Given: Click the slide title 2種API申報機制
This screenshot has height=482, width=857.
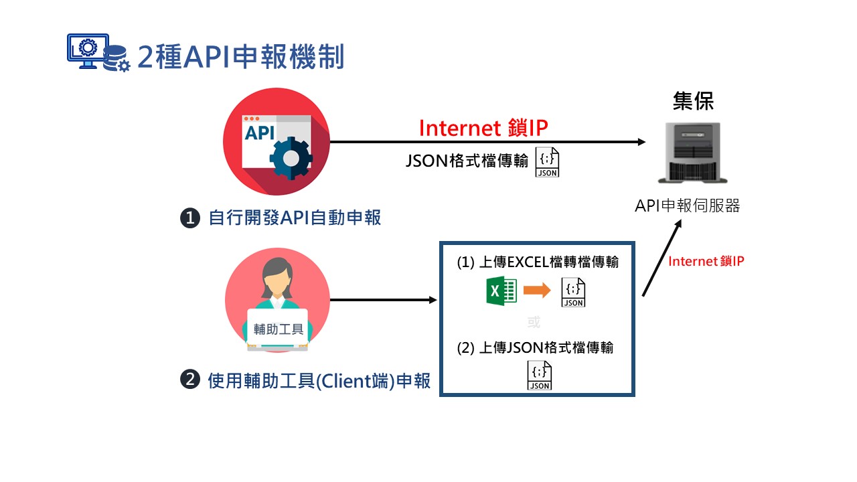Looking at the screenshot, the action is coord(240,57).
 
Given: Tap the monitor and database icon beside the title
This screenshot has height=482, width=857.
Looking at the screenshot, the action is coord(98,52).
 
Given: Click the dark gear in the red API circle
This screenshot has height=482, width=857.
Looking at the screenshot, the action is coord(291,158).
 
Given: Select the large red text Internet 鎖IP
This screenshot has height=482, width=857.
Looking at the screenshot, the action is coord(483,128).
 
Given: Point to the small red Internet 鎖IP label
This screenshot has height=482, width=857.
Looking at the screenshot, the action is coord(706,261).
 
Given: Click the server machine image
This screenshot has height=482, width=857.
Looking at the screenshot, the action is coord(693,153).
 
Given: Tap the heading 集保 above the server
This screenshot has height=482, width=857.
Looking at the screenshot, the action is coord(693,101).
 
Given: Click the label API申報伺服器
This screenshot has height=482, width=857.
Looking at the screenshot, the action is coord(688,206).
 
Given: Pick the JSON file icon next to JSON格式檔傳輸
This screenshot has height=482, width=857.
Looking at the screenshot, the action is coord(547,162).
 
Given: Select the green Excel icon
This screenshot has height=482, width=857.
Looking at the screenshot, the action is coord(501,291).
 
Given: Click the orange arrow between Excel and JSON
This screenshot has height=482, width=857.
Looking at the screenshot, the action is coord(537,290).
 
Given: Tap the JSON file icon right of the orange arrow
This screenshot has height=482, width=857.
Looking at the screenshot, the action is coord(573,293).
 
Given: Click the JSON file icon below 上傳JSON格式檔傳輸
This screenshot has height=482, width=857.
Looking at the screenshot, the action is coord(540,376).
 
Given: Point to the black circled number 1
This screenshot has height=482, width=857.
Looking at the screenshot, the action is coord(190,218).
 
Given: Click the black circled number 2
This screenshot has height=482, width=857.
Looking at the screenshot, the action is coord(190,380).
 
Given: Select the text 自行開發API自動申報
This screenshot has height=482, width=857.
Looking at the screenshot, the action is coord(295,218).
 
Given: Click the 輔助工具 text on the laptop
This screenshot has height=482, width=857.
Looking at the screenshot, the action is coord(279,329).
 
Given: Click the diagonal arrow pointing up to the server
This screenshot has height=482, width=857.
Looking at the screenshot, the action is coord(662,258).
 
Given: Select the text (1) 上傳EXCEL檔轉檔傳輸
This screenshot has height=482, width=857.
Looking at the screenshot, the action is coord(538,262).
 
